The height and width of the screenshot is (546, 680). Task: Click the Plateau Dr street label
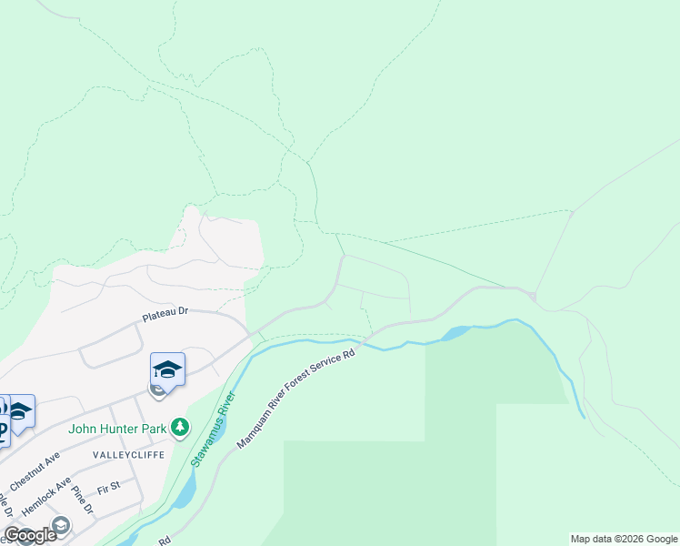164,312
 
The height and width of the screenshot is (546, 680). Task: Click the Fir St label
108,487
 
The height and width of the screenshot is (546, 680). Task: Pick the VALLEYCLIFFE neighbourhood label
123,453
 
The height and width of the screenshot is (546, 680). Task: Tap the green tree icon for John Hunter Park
180,426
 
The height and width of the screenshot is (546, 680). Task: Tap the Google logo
30,535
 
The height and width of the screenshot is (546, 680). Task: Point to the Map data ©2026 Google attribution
624,539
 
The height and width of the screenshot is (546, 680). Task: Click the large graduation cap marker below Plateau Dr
167,369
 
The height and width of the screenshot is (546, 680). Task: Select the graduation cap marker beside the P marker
18,410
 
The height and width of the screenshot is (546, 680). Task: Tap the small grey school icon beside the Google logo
61,525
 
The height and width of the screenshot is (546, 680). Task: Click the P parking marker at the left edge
2,430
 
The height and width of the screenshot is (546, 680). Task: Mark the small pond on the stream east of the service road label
455,334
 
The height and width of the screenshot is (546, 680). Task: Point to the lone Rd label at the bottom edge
165,540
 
